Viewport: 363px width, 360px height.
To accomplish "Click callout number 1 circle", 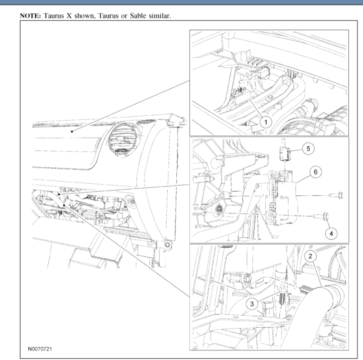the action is [266, 122].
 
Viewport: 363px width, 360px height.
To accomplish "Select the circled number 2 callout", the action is [311, 256].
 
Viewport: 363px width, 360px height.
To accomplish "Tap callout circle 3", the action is [252, 304].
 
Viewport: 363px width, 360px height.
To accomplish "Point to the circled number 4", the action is [331, 234].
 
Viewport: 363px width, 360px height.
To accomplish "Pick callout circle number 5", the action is [308, 149].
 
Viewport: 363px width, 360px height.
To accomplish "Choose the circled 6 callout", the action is [316, 172].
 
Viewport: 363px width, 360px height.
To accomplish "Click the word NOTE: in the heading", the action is [31, 16].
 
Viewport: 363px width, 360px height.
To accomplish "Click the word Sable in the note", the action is [138, 16].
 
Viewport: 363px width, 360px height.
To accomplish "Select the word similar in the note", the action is [160, 16].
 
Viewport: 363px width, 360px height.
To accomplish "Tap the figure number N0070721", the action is [40, 349].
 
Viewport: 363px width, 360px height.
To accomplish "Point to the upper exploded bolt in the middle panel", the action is [337, 195].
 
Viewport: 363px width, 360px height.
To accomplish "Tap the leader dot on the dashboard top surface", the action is [72, 132].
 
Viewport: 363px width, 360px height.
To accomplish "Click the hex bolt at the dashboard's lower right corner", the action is [168, 244].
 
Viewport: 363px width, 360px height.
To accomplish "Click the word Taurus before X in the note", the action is [53, 16].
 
